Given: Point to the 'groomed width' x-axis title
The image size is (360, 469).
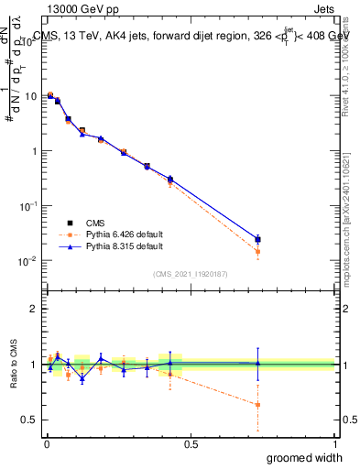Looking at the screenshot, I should coord(305,457).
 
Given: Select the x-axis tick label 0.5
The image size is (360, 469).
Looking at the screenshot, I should coord(191,443).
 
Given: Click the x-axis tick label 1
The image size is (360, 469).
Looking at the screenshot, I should coord(334,443).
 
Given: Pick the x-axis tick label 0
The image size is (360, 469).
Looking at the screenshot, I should coord(47,443).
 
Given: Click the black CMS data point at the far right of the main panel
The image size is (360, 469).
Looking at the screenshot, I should coord(257,239).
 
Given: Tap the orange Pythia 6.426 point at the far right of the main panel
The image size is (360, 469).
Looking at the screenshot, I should coord(257,251).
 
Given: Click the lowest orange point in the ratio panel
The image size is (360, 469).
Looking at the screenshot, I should coord(257,404).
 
